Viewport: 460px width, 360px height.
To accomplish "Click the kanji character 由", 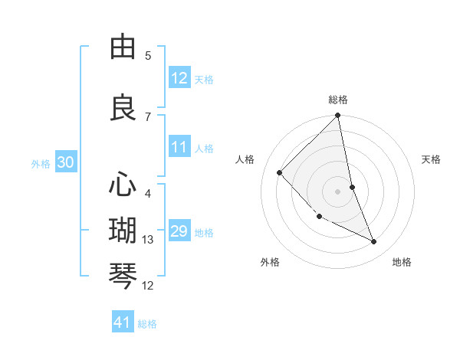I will [x=123, y=48].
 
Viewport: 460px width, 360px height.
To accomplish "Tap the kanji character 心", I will [x=123, y=185].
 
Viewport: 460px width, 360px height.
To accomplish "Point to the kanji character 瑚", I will [x=123, y=231].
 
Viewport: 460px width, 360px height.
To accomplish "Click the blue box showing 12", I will [x=179, y=78].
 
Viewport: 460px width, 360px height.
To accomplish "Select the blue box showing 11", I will [x=179, y=148].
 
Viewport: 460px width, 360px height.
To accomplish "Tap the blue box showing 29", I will [x=179, y=232].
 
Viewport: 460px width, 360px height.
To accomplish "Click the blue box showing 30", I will [x=65, y=162].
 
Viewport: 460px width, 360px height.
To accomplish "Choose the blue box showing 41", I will [x=123, y=322].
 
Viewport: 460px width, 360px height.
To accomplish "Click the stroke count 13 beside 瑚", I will [x=148, y=240].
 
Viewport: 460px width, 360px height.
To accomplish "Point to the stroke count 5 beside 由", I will [x=148, y=56].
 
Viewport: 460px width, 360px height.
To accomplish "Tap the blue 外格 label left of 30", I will [x=40, y=163].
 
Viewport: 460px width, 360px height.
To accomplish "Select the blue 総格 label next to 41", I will [x=147, y=324].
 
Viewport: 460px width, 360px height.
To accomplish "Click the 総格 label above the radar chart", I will [x=338, y=100].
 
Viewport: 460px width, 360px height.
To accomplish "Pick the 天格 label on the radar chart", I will [x=431, y=159].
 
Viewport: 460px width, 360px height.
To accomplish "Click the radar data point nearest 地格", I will [x=374, y=241].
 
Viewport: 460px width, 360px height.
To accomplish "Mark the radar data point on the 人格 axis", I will [x=280, y=172].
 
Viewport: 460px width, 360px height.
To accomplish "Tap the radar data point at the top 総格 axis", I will [x=338, y=116].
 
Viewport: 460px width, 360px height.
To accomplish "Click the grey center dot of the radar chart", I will [x=338, y=191].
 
